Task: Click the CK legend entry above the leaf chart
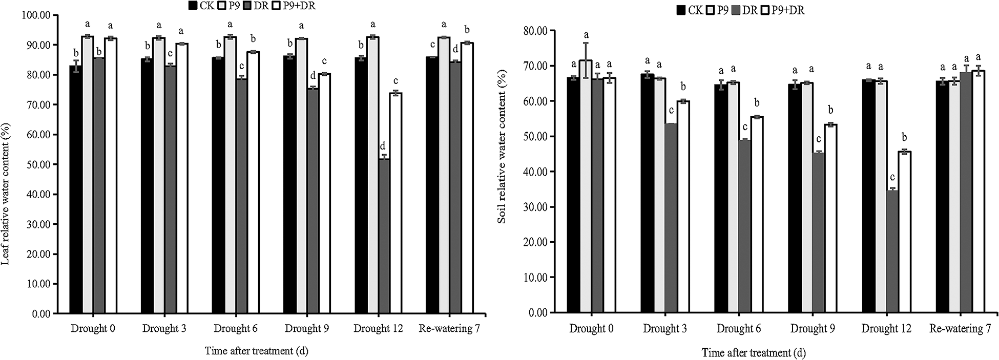point(201,6)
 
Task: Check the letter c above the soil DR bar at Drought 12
point(892,178)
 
